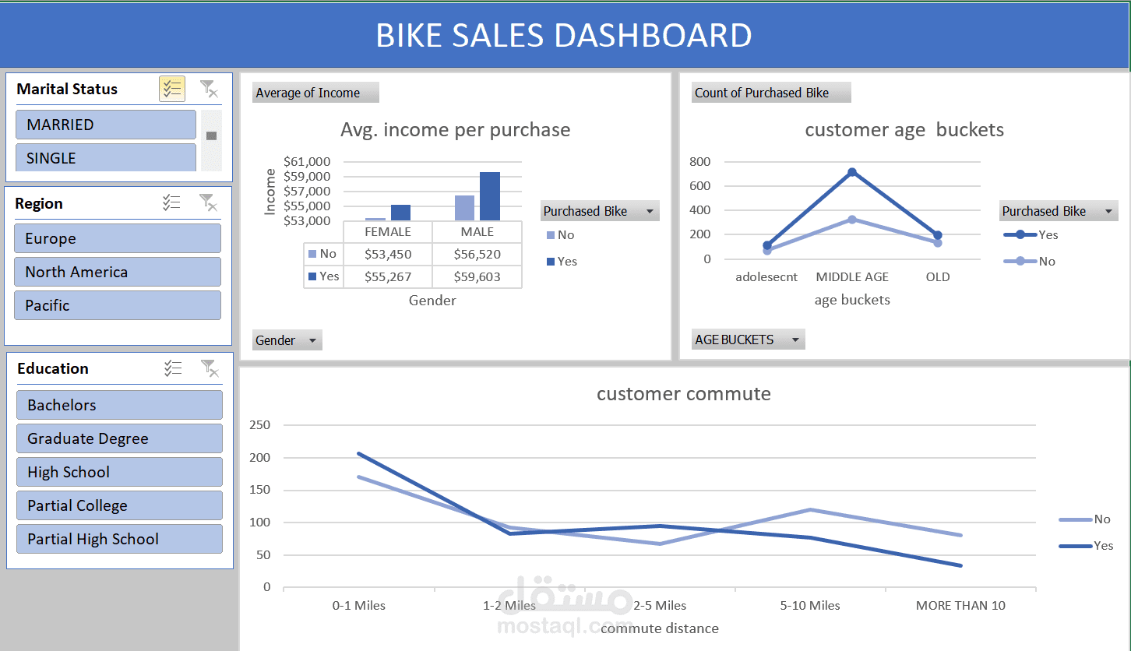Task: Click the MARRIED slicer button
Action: (105, 125)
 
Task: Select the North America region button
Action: (117, 272)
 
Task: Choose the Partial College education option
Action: (118, 505)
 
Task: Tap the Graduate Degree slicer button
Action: (118, 438)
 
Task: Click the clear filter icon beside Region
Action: (208, 202)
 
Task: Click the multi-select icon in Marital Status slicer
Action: (171, 89)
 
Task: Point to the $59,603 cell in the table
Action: (477, 276)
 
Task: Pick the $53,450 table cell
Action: (388, 254)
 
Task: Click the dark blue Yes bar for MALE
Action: (490, 196)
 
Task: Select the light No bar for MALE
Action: (464, 208)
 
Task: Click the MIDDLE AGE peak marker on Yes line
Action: (852, 172)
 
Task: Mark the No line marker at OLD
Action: (938, 243)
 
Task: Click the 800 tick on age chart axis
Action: (700, 162)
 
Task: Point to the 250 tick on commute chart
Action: (260, 425)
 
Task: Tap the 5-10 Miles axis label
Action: (810, 605)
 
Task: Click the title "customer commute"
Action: (683, 393)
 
